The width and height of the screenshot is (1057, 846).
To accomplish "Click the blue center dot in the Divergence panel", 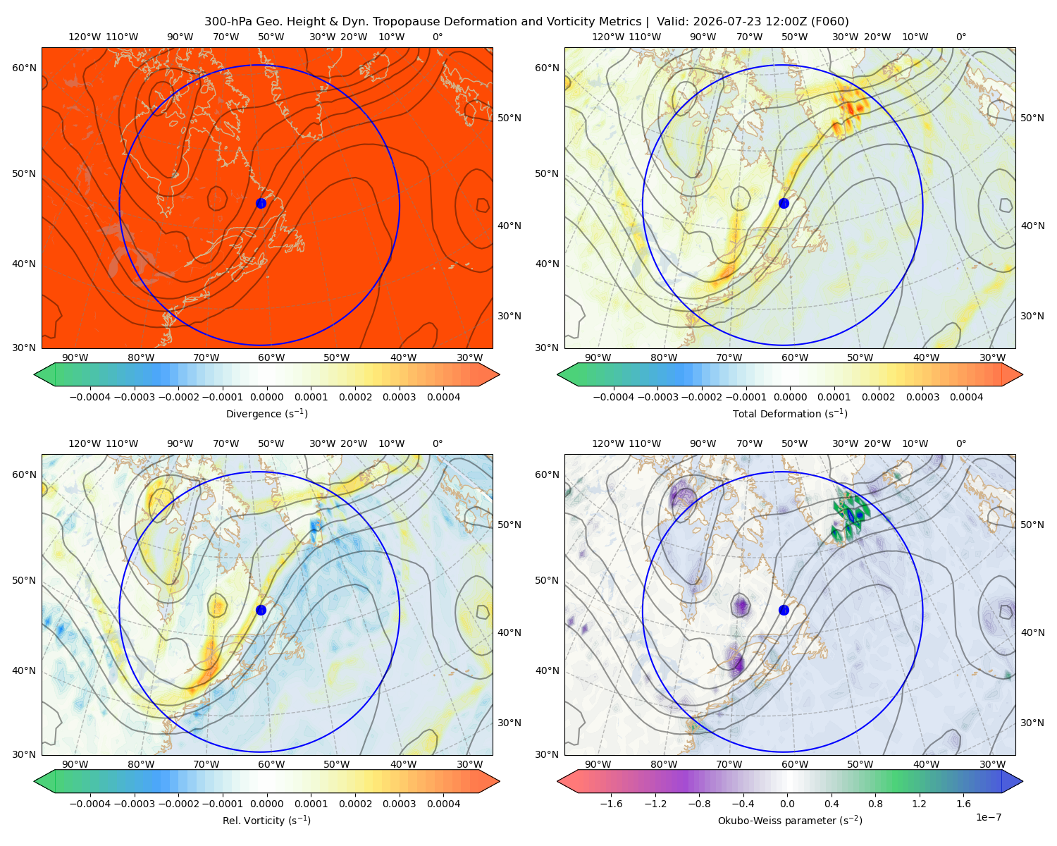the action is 261,203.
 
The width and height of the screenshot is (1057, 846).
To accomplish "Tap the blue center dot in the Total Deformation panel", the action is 784,203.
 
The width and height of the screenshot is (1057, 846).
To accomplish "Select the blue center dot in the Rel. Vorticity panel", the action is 261,610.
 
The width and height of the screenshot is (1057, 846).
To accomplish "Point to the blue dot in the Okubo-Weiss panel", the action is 784,610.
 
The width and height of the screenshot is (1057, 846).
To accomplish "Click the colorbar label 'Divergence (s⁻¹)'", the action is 266,413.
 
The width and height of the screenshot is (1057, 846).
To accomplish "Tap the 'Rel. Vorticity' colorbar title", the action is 253,821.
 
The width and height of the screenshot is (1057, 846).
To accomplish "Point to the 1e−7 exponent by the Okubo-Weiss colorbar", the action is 988,817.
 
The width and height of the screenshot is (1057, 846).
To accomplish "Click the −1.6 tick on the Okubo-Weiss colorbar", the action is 611,803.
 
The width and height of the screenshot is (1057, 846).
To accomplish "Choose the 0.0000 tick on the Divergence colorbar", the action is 266,397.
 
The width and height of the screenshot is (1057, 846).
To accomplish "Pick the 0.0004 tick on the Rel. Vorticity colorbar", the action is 443,803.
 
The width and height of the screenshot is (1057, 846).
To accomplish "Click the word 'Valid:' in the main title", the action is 673,22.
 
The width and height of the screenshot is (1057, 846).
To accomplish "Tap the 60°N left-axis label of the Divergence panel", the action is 24,68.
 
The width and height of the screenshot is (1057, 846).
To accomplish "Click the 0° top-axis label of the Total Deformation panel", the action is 960,37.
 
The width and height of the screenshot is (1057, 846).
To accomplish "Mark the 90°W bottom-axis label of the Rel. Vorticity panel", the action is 75,764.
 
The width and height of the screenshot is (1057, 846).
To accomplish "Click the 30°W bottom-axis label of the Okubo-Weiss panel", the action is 992,764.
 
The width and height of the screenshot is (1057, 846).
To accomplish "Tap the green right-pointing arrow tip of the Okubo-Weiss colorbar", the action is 1022,780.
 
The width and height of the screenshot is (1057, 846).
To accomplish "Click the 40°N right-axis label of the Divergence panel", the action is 509,226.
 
